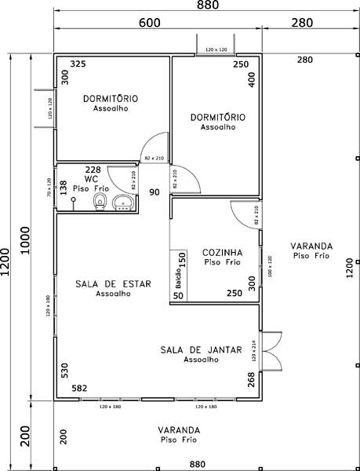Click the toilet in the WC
click(x=99, y=203)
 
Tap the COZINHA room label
click(x=222, y=252)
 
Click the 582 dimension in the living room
click(x=79, y=388)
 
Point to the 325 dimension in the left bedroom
click(x=78, y=63)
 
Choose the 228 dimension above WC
click(x=93, y=170)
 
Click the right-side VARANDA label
click(x=310, y=246)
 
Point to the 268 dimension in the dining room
click(x=251, y=380)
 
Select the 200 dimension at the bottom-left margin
click(x=26, y=434)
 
